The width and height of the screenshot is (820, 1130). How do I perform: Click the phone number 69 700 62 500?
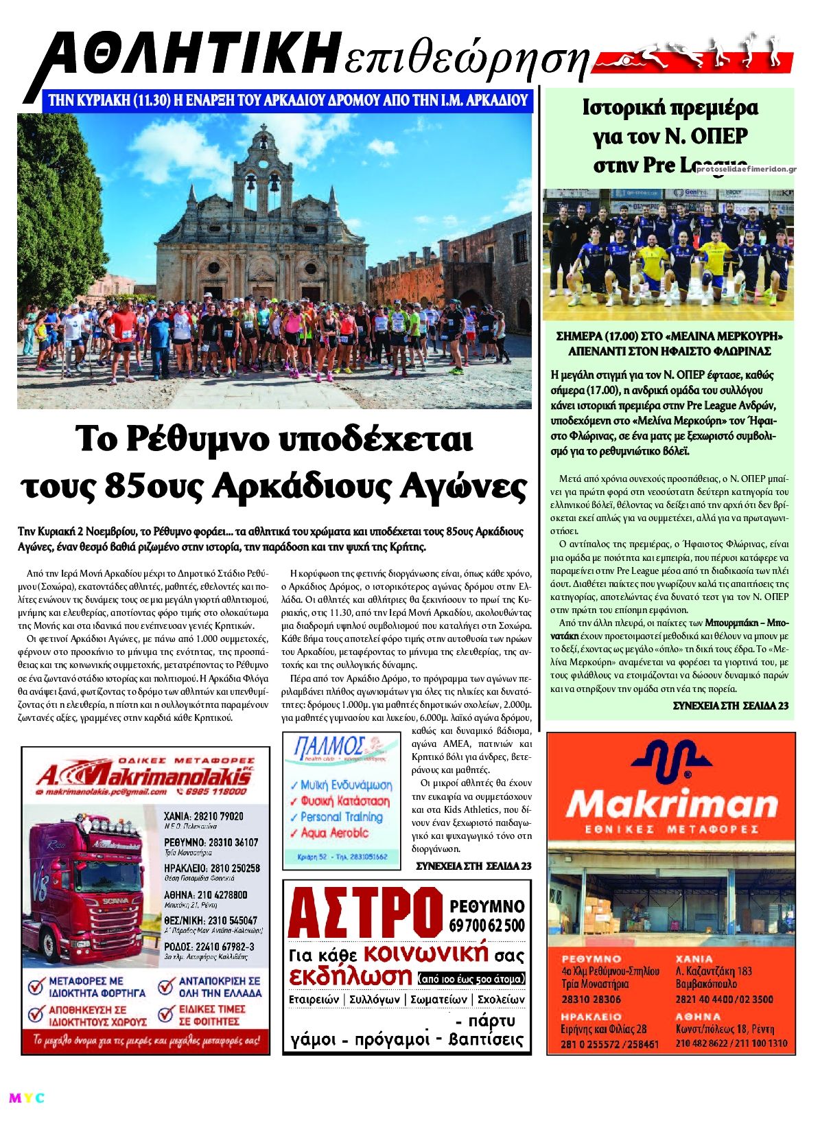pyautogui.click(x=487, y=925)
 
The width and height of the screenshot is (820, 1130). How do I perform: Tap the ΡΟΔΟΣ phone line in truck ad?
pyautogui.click(x=209, y=947)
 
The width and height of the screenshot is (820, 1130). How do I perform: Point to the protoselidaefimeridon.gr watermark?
pyautogui.click(x=746, y=168)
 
